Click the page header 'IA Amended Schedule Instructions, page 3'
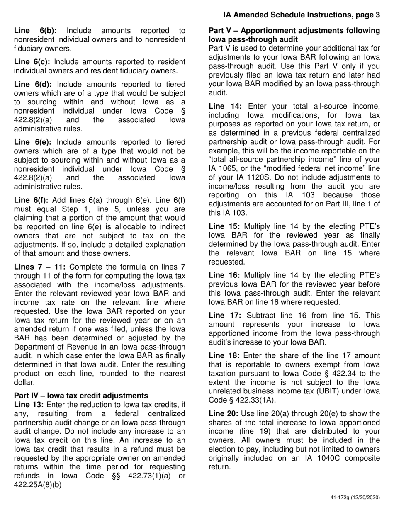301,15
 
